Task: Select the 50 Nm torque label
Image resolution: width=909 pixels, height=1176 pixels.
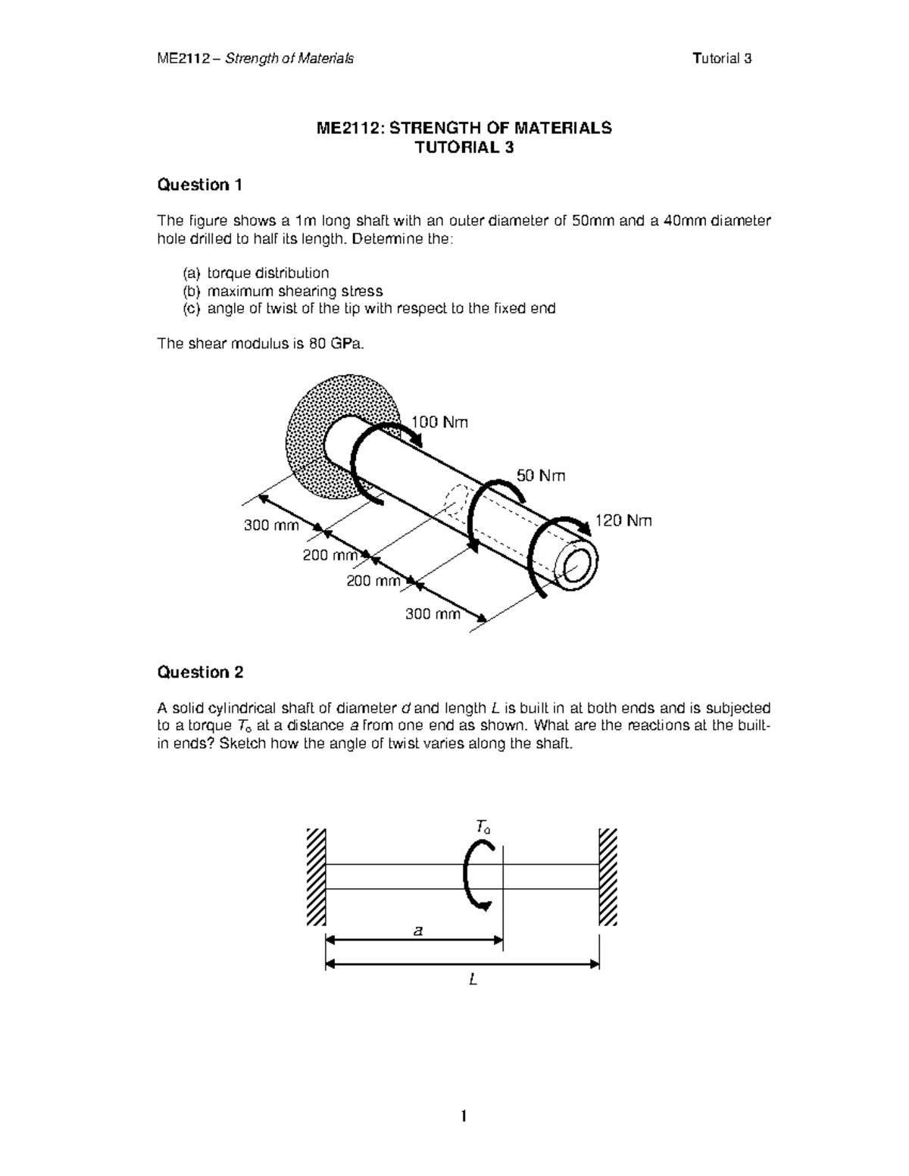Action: pos(541,476)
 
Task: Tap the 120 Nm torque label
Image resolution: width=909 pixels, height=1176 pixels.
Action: pos(623,521)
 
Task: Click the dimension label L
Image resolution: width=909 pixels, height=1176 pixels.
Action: pos(473,981)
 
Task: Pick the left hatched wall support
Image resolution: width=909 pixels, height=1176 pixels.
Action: pos(316,877)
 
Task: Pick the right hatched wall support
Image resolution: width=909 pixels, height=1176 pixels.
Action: pos(608,877)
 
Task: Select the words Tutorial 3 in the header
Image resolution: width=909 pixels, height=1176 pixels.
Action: pos(721,59)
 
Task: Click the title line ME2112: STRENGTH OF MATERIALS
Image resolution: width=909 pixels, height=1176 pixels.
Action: pos(464,128)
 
